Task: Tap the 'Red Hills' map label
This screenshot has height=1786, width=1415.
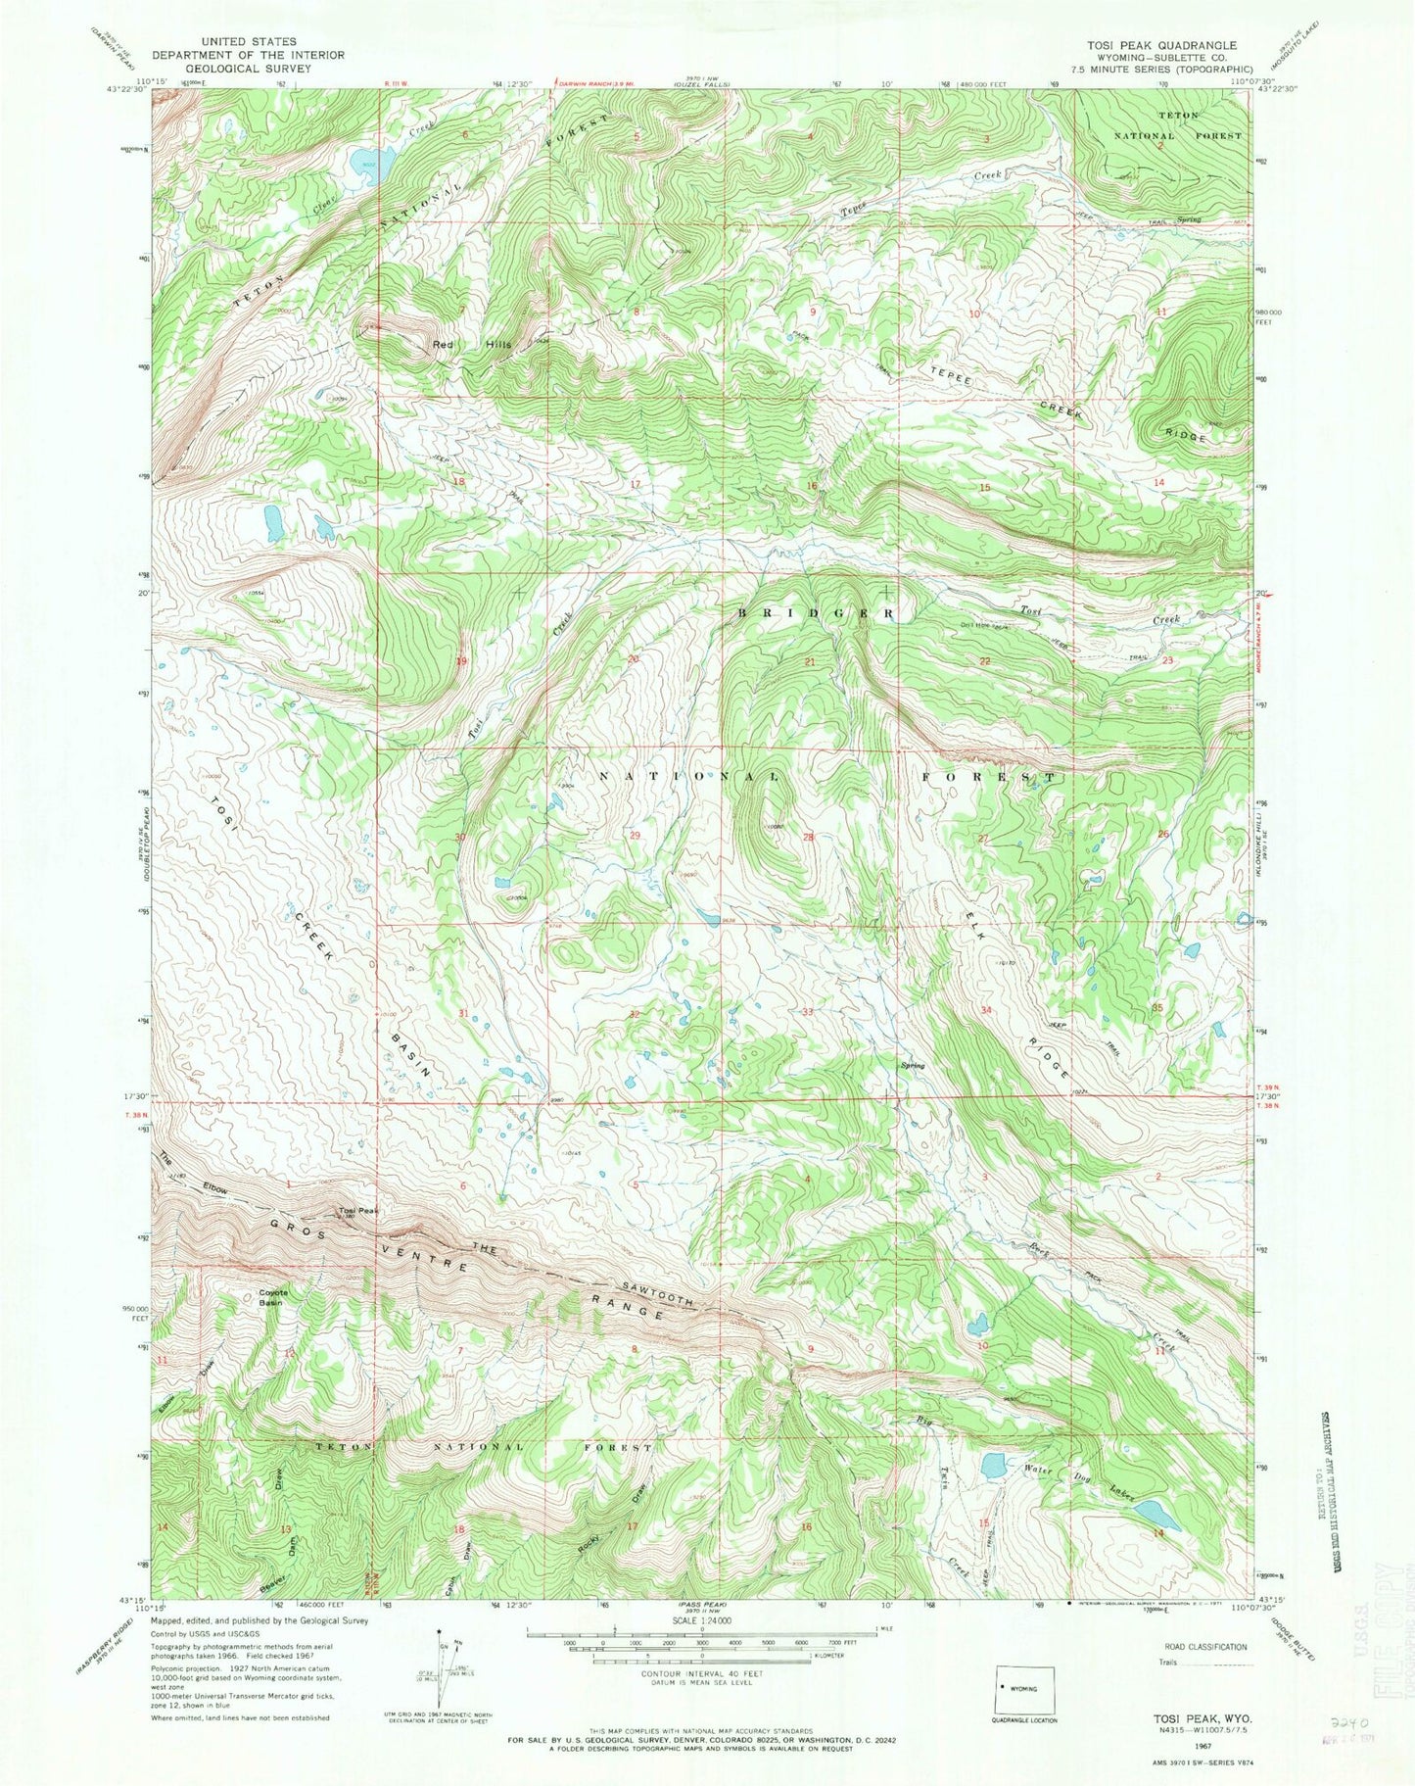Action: (x=473, y=345)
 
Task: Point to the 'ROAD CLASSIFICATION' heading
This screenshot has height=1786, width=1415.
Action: (x=1205, y=1647)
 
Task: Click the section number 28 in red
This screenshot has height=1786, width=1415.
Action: (x=809, y=837)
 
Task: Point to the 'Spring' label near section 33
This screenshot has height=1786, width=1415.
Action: (x=912, y=1065)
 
